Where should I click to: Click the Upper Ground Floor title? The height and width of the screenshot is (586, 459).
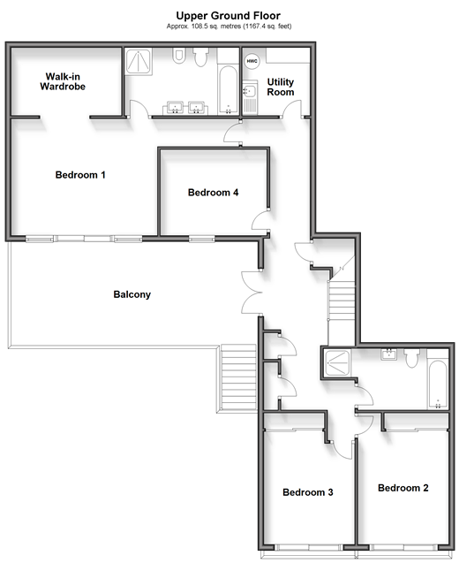click(228, 16)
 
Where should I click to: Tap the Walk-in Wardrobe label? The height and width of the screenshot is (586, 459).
click(63, 81)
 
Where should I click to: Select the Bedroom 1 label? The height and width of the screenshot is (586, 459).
click(80, 175)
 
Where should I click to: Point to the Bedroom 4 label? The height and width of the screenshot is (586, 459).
click(213, 193)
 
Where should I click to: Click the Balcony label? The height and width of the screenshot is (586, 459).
click(132, 294)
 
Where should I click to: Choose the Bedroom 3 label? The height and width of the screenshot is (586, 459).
click(308, 492)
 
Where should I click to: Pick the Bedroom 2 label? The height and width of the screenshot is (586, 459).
click(403, 488)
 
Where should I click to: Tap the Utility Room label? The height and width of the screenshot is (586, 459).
click(281, 88)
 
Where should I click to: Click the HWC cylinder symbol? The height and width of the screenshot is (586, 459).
click(252, 61)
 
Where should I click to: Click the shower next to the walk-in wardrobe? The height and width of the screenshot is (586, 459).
click(138, 62)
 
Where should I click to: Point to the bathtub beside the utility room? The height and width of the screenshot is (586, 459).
click(228, 90)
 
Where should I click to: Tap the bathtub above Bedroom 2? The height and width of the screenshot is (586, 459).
click(438, 384)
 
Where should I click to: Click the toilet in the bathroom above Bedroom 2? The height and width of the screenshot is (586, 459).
click(412, 358)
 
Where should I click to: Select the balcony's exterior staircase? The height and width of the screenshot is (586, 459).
click(237, 378)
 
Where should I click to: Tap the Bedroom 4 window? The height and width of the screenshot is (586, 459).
click(202, 239)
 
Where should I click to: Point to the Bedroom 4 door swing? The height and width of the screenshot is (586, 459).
click(260, 220)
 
